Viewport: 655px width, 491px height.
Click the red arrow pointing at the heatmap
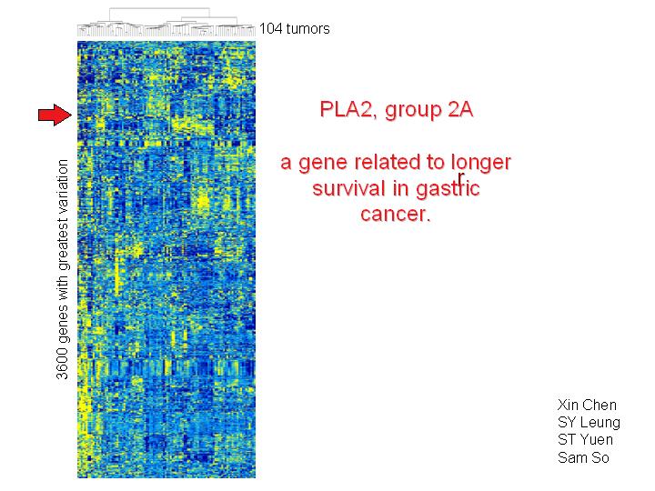[55, 115]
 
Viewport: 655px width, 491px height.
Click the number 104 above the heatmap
[271, 29]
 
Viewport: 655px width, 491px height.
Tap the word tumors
[307, 29]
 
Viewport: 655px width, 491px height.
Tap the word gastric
[448, 189]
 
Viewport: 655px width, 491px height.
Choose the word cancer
[395, 215]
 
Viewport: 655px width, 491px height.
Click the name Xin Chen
[587, 405]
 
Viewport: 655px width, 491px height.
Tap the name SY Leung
[589, 423]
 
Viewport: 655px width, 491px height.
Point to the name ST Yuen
[585, 440]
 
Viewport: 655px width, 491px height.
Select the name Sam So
[583, 457]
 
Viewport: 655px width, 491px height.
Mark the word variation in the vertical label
[62, 184]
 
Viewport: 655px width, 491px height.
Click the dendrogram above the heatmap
[166, 22]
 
